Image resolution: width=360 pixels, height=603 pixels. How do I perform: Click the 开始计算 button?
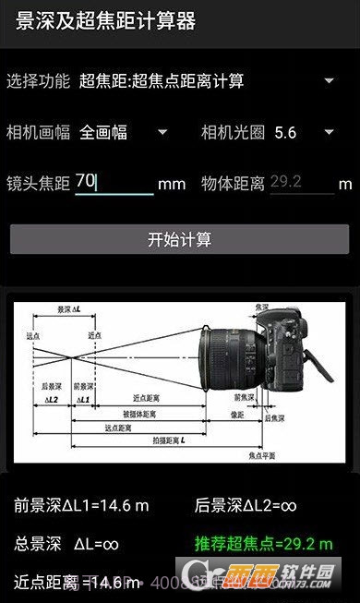coord(179,239)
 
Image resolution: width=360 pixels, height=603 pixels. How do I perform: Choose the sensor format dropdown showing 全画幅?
coord(124,132)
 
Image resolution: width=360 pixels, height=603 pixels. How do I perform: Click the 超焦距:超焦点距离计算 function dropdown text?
coord(162,81)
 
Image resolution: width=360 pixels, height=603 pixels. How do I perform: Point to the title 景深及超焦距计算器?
coord(106,22)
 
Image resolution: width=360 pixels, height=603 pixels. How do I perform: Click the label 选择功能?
coord(38,81)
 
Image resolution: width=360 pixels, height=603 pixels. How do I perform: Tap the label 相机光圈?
coord(233,132)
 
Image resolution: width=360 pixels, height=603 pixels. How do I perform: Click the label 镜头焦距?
coord(38,183)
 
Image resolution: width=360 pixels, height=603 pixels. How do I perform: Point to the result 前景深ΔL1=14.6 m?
coord(81,505)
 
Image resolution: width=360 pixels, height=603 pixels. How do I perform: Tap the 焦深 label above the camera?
coord(262,307)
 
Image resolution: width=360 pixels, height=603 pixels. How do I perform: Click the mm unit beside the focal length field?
coord(172,184)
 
